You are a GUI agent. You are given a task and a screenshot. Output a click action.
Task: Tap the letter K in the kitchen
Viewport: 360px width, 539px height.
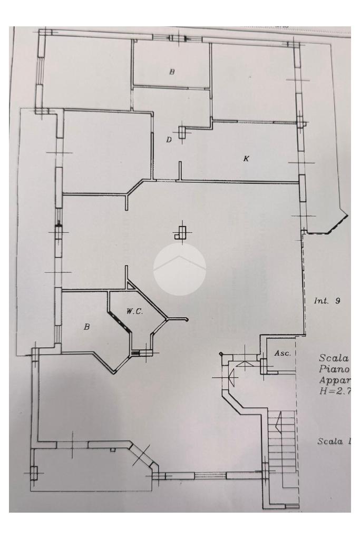(245, 158)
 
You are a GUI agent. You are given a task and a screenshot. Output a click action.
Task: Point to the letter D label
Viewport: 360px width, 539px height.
(169, 140)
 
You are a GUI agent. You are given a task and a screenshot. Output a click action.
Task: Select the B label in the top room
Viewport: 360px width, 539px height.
(171, 72)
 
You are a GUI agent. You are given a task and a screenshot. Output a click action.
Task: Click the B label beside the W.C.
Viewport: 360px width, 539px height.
(87, 327)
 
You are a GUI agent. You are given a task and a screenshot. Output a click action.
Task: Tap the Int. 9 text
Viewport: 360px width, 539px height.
(327, 301)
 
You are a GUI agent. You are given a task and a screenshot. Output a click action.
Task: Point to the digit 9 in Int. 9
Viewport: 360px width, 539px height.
(337, 301)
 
